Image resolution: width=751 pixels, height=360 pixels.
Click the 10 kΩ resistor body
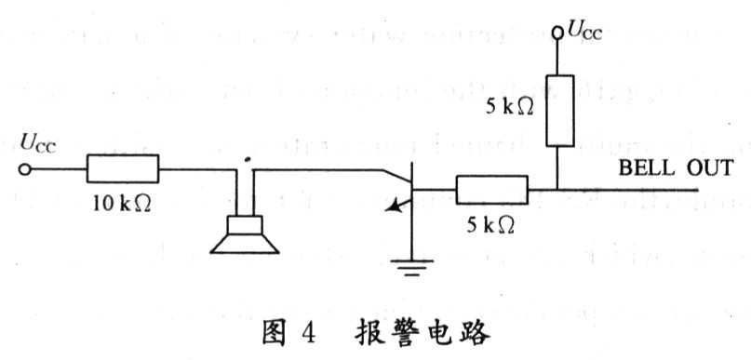click(x=123, y=170)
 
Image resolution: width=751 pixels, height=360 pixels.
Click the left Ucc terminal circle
click(x=25, y=170)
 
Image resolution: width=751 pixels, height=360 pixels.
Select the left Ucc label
click(x=37, y=142)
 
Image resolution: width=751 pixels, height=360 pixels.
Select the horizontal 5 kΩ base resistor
click(x=490, y=191)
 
